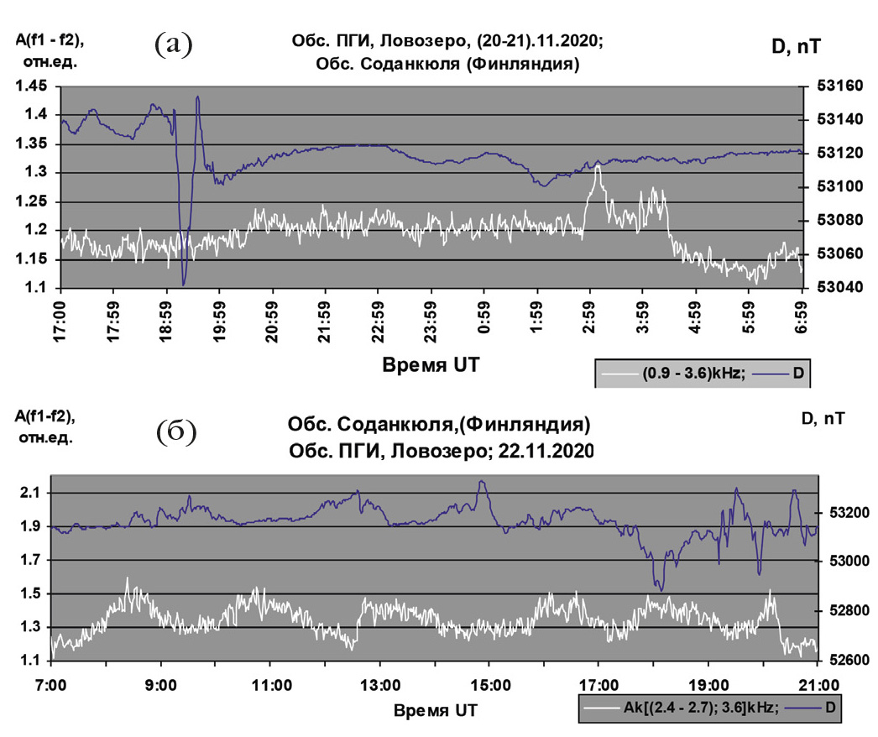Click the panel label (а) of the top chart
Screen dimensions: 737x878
175,44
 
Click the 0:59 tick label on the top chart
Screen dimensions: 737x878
485,317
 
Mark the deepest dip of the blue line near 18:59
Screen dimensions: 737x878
184,285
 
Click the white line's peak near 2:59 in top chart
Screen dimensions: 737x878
597,166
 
